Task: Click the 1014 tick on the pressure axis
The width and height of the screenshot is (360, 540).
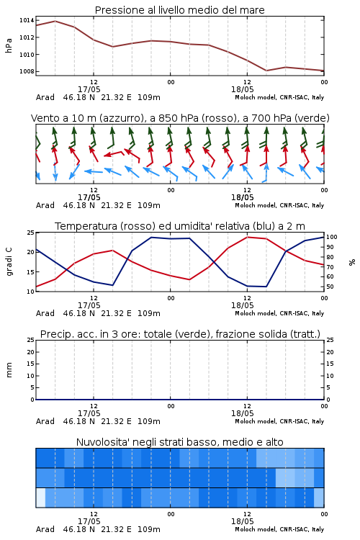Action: [27, 20]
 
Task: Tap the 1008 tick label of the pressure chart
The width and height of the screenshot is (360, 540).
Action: [27, 71]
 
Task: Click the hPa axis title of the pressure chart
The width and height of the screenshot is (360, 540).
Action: [9, 46]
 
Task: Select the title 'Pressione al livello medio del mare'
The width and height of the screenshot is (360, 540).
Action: [180, 10]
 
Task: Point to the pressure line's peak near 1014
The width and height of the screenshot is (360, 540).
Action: [55, 21]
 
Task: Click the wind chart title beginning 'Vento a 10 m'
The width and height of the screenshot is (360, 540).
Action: [180, 118]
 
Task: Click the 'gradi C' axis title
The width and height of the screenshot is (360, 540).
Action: [9, 261]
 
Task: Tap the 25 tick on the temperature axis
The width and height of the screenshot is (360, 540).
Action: [31, 233]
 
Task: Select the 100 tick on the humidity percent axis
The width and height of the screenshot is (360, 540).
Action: [332, 237]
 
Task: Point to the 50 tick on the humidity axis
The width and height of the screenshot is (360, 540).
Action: [330, 287]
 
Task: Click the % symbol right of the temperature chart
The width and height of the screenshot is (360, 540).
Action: [352, 262]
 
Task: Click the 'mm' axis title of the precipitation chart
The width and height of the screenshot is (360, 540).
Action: [9, 370]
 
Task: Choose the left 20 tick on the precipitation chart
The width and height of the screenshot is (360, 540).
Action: [31, 352]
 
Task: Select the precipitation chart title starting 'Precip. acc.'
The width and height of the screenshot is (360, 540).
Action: [180, 334]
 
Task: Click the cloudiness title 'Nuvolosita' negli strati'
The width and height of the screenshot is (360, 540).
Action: [180, 442]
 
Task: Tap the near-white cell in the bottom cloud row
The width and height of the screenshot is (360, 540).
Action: [40, 498]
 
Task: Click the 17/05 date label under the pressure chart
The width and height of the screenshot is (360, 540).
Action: [89, 89]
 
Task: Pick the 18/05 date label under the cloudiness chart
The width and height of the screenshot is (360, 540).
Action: [242, 521]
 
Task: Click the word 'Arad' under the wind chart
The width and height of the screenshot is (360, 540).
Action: [45, 205]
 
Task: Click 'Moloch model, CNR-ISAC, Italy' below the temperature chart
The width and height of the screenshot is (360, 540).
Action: [279, 313]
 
